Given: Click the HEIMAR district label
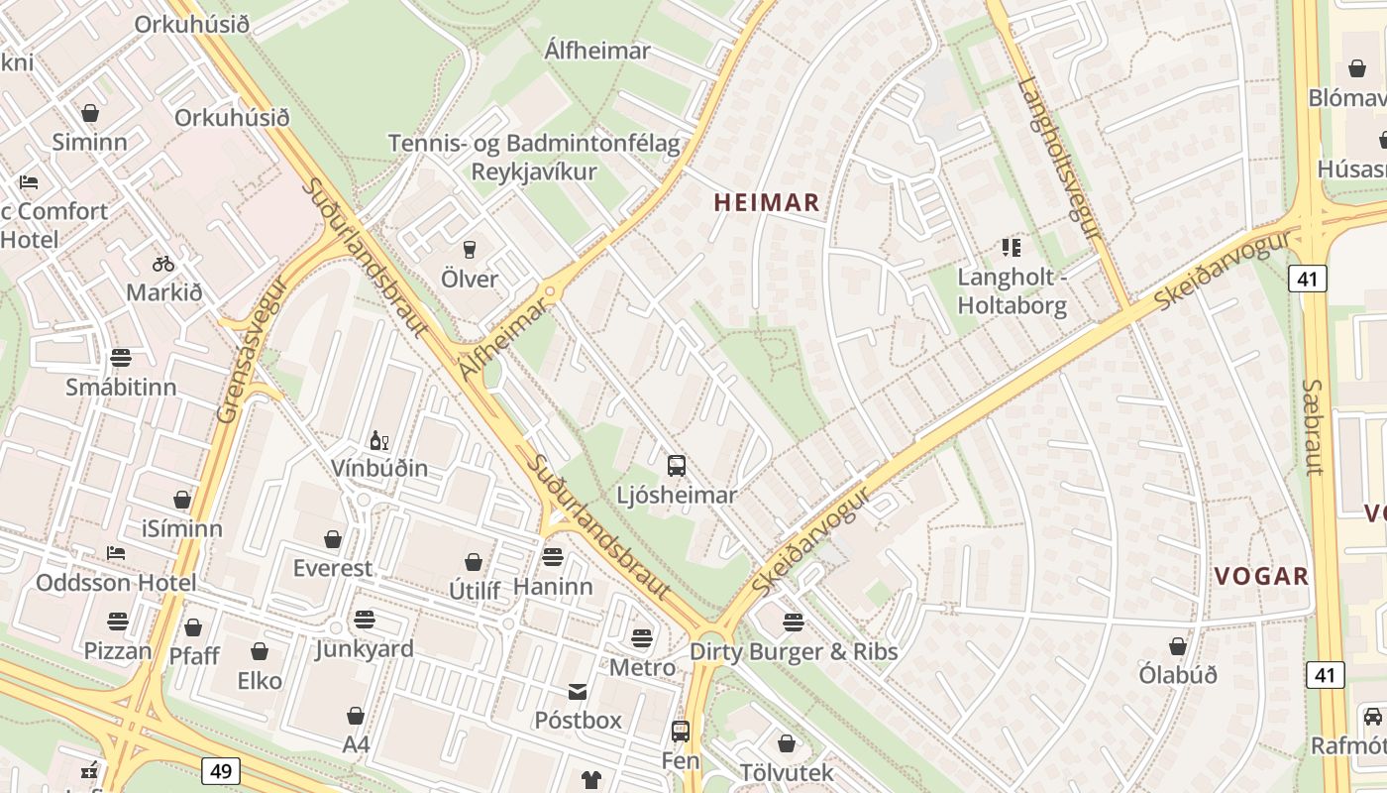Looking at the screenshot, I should (766, 203).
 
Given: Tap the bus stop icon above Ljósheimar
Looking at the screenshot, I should (677, 465).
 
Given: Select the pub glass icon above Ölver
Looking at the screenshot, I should (470, 249).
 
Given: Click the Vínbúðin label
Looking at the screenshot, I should (379, 468).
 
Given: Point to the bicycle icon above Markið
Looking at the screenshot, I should (163, 264).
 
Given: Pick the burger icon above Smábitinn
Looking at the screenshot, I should (121, 357).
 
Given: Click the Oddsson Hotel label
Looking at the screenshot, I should (116, 582).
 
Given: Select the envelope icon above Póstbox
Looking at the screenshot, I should (578, 691).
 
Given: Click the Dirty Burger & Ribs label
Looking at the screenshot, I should (794, 651).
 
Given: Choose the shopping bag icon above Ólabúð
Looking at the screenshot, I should (1177, 646).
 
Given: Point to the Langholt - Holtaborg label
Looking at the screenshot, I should (1012, 291).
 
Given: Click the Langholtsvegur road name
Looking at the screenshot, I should (1059, 158).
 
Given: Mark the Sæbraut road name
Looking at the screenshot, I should (1313, 426).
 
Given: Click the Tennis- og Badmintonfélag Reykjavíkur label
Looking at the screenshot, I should (534, 158).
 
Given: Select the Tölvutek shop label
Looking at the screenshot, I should (787, 772).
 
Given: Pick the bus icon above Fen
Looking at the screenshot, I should (680, 732).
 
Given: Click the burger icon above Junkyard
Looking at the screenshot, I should (365, 621).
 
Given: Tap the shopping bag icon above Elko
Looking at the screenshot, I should (260, 651).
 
